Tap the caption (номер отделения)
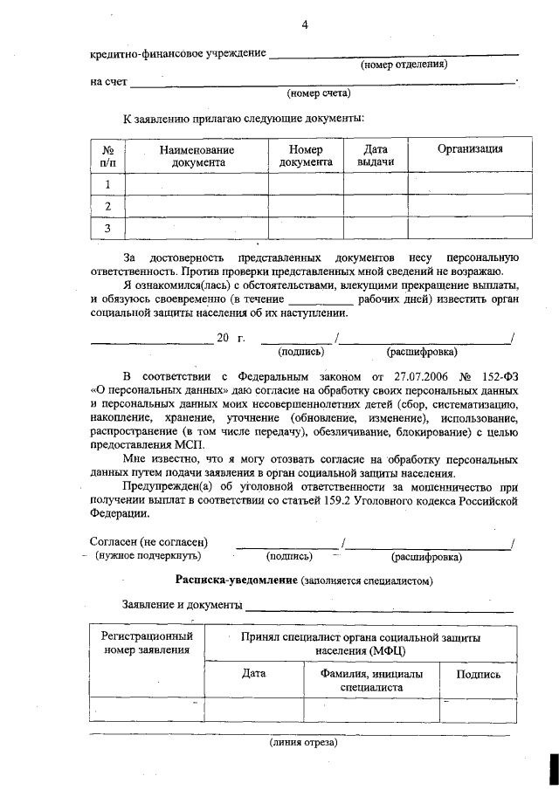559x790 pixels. pos(404,65)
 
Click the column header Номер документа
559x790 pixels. pos(306,155)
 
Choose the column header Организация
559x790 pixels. pos(470,149)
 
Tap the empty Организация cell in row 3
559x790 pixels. pos(470,228)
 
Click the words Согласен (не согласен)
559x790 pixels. pos(149,542)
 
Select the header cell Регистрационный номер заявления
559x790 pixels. pos(147,643)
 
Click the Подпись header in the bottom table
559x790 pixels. pos(479,674)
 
